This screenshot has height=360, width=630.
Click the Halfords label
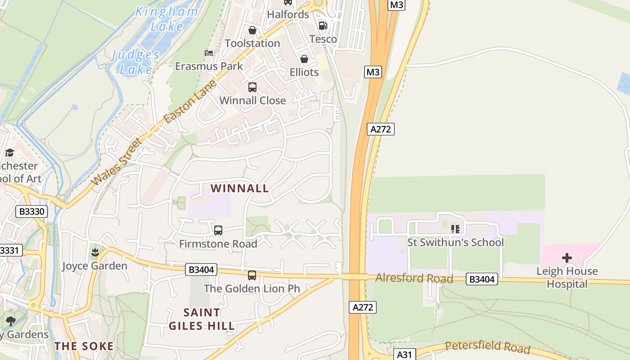288,14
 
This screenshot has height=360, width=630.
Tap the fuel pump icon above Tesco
323,26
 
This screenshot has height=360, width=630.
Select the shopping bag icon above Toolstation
252,30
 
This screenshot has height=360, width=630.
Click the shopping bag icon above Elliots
304,59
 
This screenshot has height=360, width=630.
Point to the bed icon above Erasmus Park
209,53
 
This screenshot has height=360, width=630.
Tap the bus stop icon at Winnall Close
252,87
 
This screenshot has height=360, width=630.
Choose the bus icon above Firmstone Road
218,230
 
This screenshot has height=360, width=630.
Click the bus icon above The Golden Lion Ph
252,275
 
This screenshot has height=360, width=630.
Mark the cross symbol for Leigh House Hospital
567,258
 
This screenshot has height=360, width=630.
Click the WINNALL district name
240,188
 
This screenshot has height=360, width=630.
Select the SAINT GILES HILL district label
202,319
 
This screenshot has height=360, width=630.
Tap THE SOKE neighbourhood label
84,346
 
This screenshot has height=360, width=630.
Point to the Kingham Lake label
167,19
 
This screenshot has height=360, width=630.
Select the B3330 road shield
31,211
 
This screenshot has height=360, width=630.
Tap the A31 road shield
404,355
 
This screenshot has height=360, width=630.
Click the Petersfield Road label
487,347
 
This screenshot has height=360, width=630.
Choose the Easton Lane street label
191,102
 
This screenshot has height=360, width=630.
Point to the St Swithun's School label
455,243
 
